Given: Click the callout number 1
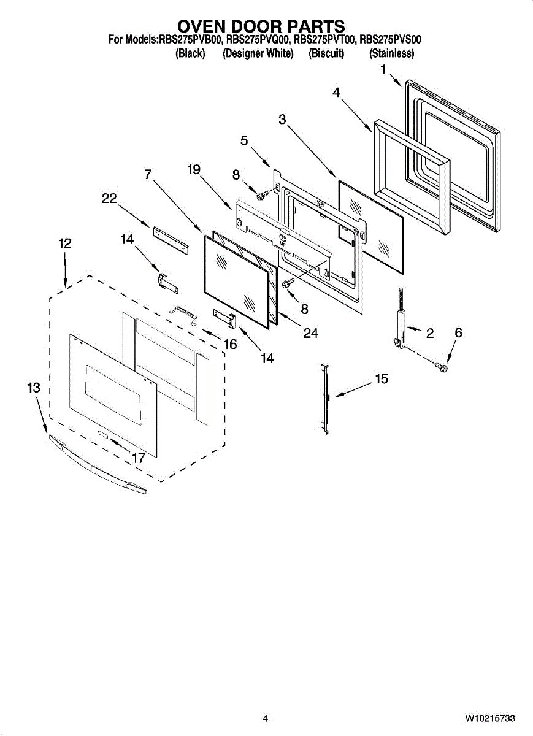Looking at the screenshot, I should pyautogui.click(x=383, y=70).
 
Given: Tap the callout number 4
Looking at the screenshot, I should pyautogui.click(x=336, y=93).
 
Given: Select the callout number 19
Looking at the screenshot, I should pyautogui.click(x=194, y=170).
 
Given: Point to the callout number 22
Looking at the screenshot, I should pyautogui.click(x=109, y=198).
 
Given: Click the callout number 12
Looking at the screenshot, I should pyautogui.click(x=65, y=243).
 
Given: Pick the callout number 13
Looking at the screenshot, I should pyautogui.click(x=34, y=388).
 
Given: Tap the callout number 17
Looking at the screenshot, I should pyautogui.click(x=139, y=458).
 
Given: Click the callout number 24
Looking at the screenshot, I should pyautogui.click(x=310, y=332).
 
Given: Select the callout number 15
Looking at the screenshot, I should pyautogui.click(x=382, y=379).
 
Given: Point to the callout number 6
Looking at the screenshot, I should pyautogui.click(x=458, y=332).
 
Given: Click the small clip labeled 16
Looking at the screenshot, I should pyautogui.click(x=184, y=314).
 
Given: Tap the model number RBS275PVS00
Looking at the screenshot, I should pyautogui.click(x=390, y=40).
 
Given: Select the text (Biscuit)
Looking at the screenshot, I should pyautogui.click(x=326, y=54).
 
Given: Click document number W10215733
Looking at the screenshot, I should pyautogui.click(x=489, y=718).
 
